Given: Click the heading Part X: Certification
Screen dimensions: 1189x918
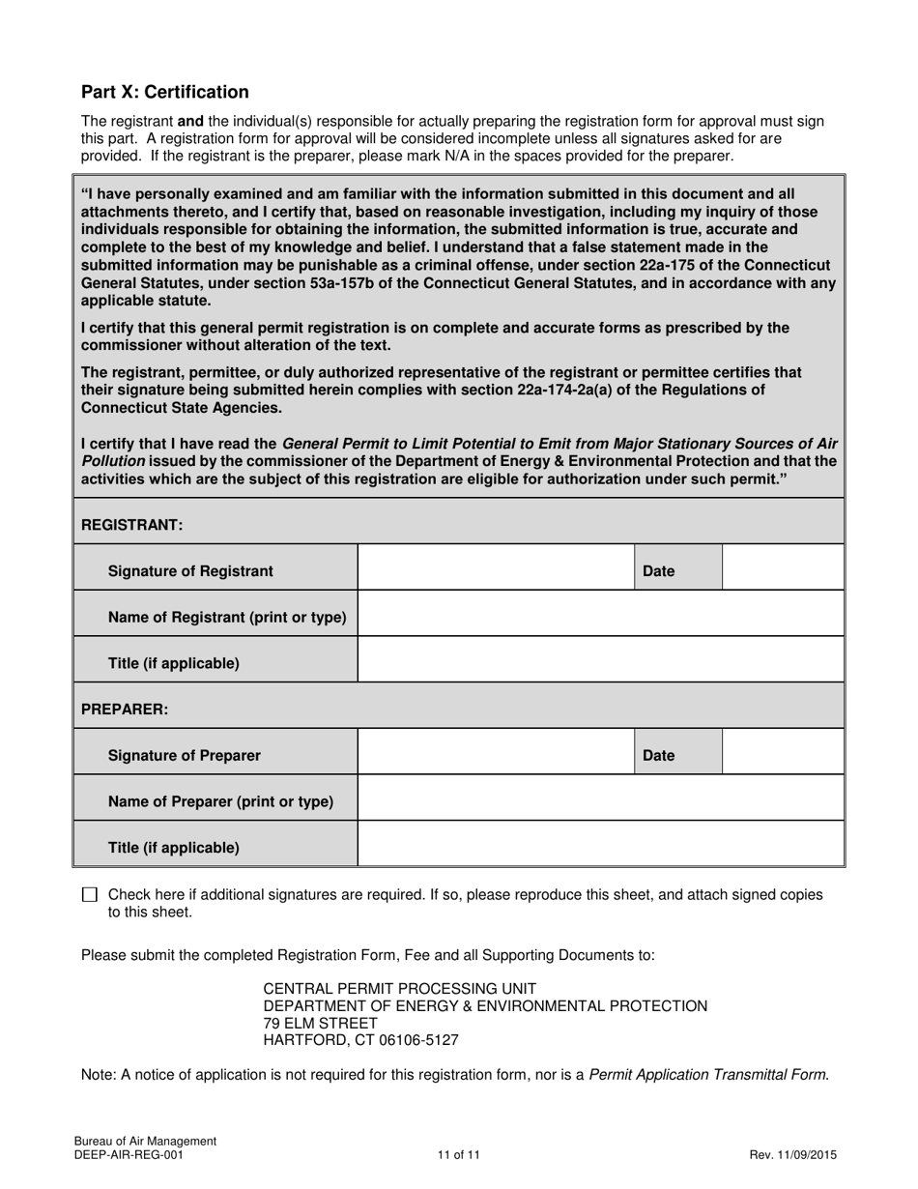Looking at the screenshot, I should pos(165,92).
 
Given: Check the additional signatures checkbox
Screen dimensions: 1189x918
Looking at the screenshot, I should pos(90,895).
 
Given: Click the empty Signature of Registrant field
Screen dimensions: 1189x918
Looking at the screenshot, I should pos(496,567).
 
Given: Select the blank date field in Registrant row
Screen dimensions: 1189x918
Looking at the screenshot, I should pos(783,567).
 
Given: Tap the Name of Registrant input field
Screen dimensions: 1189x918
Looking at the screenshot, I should pos(601,614).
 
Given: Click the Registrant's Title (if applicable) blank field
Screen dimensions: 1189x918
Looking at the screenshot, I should pos(601,660).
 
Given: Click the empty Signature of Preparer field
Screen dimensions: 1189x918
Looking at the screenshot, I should pos(496,752).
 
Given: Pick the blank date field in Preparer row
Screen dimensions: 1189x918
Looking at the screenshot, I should pos(783,752).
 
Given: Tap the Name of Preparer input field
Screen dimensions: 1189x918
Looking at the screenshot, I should pos(601,798).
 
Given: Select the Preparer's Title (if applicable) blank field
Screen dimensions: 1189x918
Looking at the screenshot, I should pos(601,845).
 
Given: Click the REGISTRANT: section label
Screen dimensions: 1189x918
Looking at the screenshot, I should pos(132,525).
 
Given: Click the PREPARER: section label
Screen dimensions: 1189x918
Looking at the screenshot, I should pos(125,710).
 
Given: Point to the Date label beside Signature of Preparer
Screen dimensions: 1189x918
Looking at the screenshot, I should pos(659,756).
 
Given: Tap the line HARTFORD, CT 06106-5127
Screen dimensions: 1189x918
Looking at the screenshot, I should pos(360,1041).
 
